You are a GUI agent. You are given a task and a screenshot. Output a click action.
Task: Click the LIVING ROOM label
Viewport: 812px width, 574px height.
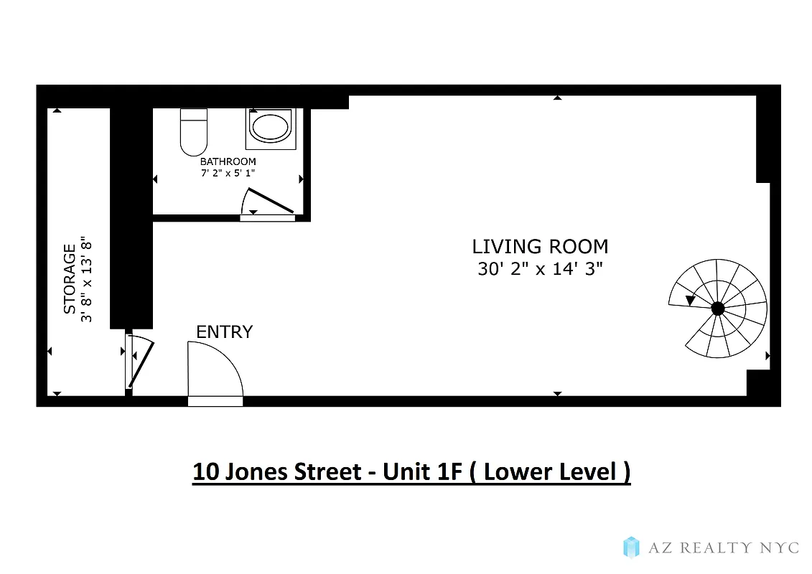point(540,247)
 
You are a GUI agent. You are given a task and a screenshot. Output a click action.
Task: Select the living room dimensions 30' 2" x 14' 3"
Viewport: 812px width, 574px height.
point(540,270)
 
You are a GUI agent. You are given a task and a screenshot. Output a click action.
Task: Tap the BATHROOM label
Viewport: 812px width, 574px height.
point(228,161)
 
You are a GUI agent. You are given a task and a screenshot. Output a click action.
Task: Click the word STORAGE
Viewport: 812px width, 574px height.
point(70,279)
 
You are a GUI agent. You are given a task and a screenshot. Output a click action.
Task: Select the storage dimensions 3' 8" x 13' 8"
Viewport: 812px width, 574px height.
point(88,279)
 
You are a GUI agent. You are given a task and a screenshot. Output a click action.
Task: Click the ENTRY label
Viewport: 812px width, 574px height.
point(225,331)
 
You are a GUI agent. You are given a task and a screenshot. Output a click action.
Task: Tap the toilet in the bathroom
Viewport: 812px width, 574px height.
point(193,131)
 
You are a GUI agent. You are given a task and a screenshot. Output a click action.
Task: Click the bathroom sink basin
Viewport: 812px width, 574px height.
point(270,127)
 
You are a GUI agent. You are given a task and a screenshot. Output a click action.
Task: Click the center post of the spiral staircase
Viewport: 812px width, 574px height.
point(717,309)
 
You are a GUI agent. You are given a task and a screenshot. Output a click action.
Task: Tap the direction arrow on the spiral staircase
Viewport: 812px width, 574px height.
point(691,300)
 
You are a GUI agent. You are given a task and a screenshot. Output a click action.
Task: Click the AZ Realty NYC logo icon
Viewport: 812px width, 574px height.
point(631,547)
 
